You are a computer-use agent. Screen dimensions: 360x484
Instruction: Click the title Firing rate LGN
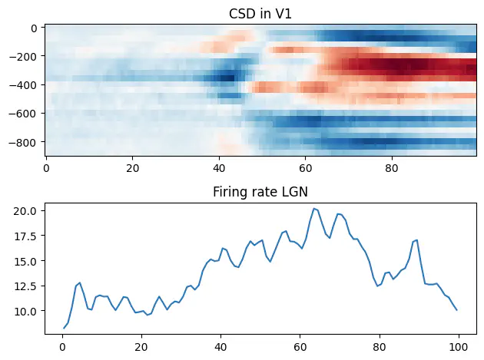pos(260,192)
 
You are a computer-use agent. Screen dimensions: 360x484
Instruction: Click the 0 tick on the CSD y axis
pos(38,28)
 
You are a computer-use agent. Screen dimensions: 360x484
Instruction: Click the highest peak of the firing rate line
pos(313,208)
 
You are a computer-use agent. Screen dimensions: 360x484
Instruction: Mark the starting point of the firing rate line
pos(63,329)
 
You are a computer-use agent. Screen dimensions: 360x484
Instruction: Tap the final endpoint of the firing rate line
pos(456,310)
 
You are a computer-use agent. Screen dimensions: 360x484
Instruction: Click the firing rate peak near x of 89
pos(416,240)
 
